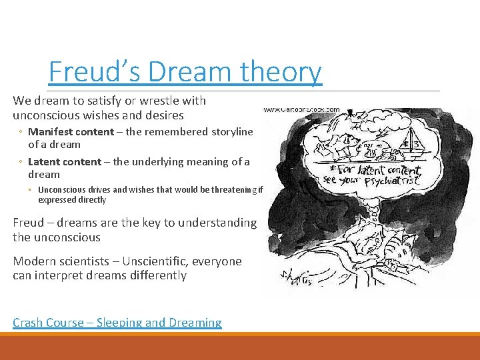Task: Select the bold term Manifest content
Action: [x=71, y=131]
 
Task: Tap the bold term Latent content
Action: [x=65, y=161]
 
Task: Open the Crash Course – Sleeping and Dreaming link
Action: [x=117, y=323]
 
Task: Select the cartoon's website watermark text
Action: [x=301, y=109]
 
